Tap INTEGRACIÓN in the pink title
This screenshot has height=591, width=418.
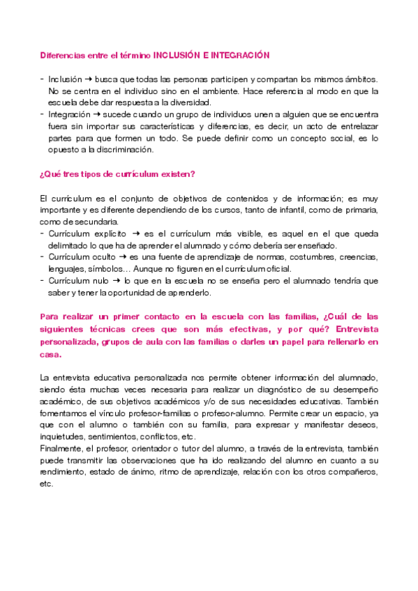tap(238, 54)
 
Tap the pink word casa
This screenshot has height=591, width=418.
tap(51, 353)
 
